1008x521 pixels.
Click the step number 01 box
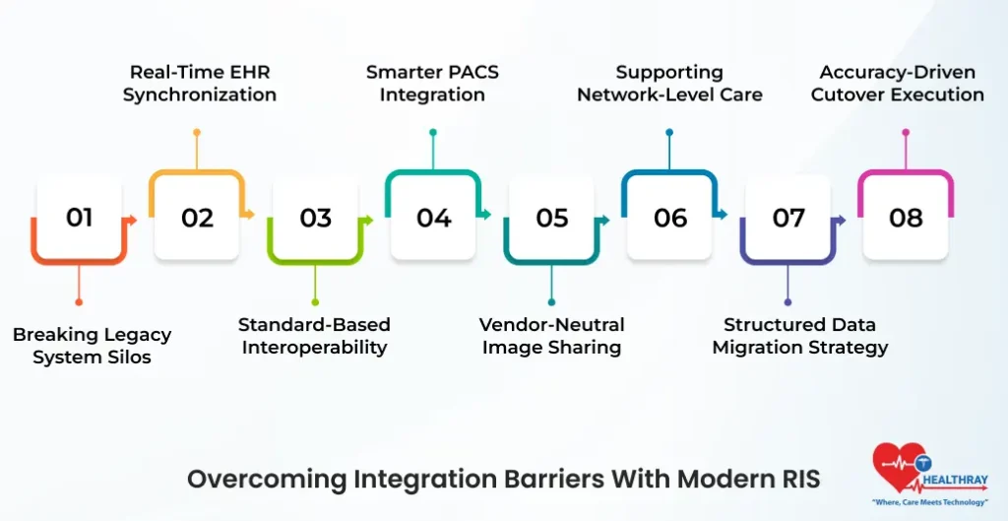click(x=79, y=218)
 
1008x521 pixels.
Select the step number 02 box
click(x=197, y=218)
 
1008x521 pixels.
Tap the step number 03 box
click(x=315, y=218)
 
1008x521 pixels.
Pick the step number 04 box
click(x=433, y=218)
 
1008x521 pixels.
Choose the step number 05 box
click(x=551, y=218)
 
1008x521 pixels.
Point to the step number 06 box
click(x=669, y=218)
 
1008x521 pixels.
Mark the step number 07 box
click(x=787, y=218)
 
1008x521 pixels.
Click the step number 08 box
click(x=906, y=218)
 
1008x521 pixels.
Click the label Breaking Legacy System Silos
click(x=92, y=346)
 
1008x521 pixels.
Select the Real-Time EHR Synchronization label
click(x=199, y=84)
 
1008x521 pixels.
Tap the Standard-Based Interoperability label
click(x=314, y=336)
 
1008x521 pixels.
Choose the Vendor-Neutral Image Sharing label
click(x=551, y=336)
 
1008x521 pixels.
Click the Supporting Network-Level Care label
click(x=669, y=84)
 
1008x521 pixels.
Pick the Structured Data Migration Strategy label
click(x=799, y=336)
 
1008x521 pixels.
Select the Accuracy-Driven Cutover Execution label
click(x=902, y=84)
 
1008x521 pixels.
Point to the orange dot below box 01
click(x=79, y=302)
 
